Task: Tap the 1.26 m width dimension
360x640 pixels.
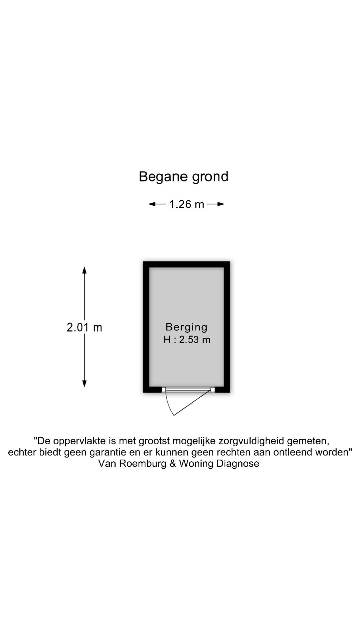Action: (x=187, y=204)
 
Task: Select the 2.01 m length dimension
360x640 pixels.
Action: (x=84, y=327)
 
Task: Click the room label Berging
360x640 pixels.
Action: (x=187, y=327)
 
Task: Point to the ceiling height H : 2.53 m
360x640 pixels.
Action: (x=187, y=340)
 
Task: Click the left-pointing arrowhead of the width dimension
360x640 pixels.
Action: (x=153, y=204)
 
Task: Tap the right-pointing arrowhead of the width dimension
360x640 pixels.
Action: (x=220, y=204)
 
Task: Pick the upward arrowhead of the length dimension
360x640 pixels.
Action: (x=84, y=271)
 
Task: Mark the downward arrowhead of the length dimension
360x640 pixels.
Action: (x=84, y=383)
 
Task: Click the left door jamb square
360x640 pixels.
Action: (x=163, y=390)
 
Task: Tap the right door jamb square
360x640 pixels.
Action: (x=213, y=390)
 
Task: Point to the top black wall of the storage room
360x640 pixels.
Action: (x=187, y=264)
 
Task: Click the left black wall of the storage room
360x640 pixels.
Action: (x=146, y=327)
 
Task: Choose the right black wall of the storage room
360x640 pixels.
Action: (x=227, y=327)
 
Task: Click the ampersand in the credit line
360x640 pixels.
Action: (x=173, y=464)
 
